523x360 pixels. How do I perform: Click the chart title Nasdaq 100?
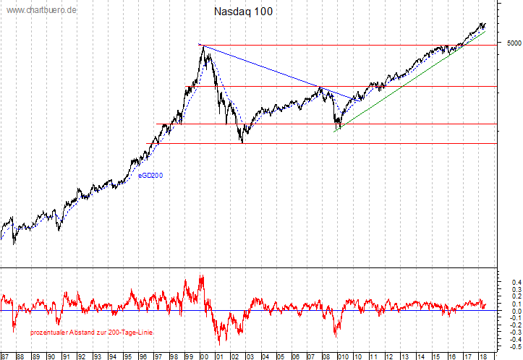[x=244, y=12]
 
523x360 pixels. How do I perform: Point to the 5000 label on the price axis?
[x=513, y=43]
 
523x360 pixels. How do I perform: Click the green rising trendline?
[x=405, y=86]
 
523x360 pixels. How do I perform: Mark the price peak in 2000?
[x=202, y=46]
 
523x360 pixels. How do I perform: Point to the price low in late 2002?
[x=242, y=142]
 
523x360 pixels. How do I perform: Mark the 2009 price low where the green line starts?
[x=337, y=130]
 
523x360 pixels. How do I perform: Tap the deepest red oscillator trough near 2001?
[x=220, y=343]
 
